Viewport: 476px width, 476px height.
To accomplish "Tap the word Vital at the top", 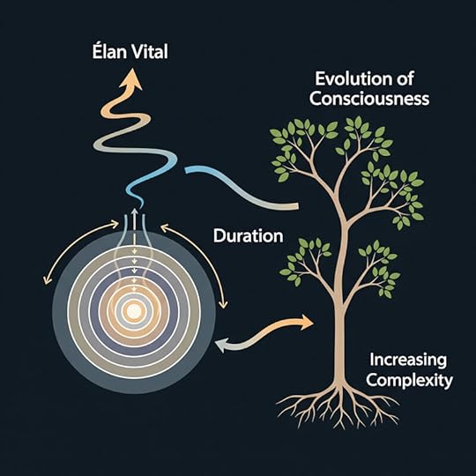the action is [x=149, y=52].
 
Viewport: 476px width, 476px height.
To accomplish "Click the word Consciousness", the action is [x=369, y=99].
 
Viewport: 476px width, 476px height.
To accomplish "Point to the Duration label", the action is [x=249, y=235].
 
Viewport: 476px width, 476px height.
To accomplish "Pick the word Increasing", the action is [x=408, y=361].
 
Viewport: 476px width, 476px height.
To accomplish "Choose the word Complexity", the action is [x=409, y=381].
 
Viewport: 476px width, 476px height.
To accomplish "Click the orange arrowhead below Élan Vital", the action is [x=131, y=78].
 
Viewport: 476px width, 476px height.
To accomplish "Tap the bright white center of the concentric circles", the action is [x=134, y=311].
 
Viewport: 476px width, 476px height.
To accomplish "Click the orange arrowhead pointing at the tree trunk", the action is [x=306, y=322].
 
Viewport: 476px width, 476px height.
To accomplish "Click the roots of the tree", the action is [x=338, y=406].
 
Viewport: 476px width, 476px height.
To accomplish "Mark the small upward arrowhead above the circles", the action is [x=135, y=211].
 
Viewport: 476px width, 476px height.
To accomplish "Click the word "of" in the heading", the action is [x=405, y=78].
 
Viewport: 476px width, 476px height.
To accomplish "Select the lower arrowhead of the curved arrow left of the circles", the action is [x=48, y=280].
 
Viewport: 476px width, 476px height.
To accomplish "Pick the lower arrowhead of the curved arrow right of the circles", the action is [x=223, y=304].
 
